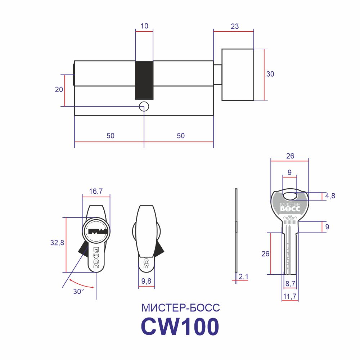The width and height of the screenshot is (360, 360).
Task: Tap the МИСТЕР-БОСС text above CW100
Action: click(181, 308)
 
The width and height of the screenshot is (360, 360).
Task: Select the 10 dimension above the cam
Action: click(144, 26)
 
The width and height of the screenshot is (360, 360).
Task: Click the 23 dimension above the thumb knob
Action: click(235, 26)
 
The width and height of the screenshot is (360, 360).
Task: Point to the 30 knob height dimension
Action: click(270, 74)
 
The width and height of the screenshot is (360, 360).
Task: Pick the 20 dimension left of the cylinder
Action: click(59, 89)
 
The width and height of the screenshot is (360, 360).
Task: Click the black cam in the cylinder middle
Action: click(144, 80)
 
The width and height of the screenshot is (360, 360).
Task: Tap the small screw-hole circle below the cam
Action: click(144, 107)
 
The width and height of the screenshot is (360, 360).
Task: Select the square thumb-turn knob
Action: click(238, 75)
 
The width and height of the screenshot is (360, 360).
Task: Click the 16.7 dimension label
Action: click(96, 191)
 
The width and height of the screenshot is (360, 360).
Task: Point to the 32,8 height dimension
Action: click(57, 242)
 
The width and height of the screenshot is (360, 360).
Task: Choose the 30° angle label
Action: click(78, 291)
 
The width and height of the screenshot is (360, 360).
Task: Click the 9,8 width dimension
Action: click(146, 281)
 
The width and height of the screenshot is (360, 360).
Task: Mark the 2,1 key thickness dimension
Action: click(243, 276)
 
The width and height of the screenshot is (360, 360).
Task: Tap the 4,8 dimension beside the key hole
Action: click(330, 196)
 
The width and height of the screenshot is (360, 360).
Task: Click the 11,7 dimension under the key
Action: click(290, 296)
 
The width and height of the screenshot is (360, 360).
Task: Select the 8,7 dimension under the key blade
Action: click(290, 284)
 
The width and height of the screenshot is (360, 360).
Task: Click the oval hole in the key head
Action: click(290, 196)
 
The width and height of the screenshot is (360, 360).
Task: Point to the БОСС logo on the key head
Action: click(290, 209)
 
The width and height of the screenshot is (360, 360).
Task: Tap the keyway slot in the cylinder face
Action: click(96, 231)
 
